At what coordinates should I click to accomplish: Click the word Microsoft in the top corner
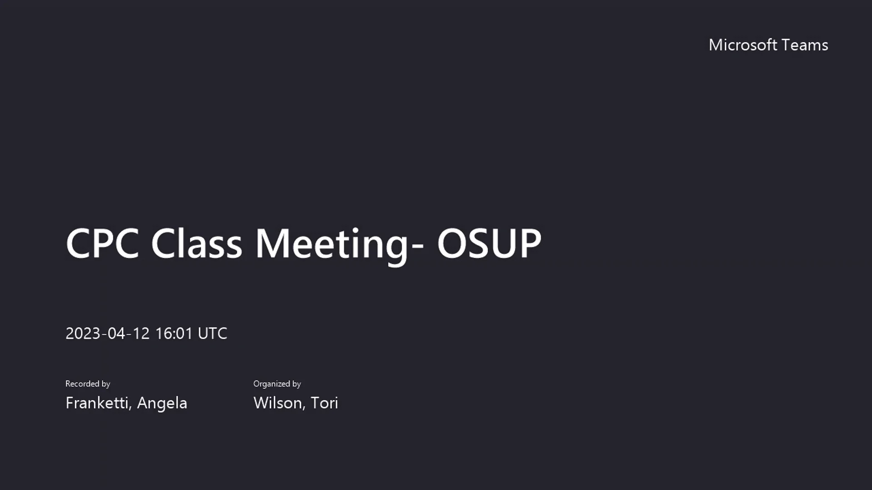point(743,45)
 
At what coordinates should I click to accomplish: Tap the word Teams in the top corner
point(805,45)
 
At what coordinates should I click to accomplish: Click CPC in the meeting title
point(102,244)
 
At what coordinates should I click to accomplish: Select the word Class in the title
point(196,244)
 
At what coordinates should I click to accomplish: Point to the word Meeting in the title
point(332,244)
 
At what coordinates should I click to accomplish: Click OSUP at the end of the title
point(489,244)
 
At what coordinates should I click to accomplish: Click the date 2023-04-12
point(107,333)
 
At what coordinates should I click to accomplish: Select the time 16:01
point(174,333)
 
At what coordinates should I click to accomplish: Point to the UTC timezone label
point(212,333)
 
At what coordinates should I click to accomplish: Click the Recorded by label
point(88,384)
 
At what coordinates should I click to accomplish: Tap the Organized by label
point(277,384)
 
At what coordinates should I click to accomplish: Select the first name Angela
point(162,403)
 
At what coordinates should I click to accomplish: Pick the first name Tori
point(324,403)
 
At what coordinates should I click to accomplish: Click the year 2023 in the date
point(83,333)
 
